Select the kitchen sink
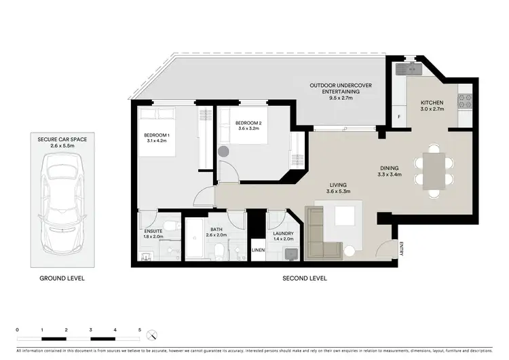(409, 69)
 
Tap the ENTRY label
(402, 249)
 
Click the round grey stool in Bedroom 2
(225, 152)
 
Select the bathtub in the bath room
(194, 240)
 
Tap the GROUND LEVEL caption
(62, 278)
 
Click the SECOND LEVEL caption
(304, 278)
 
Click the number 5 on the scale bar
(139, 329)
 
